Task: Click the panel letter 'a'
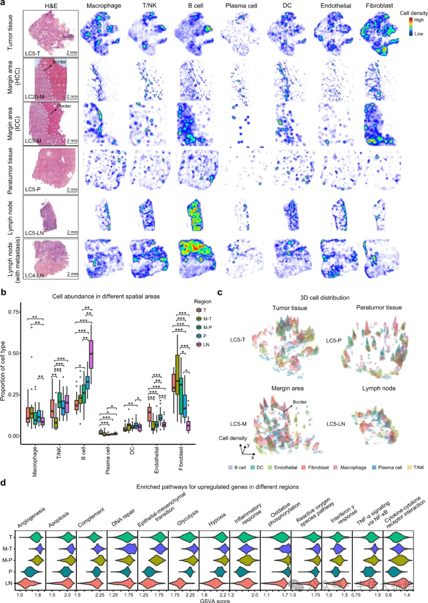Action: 3,4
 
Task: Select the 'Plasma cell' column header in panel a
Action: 241,6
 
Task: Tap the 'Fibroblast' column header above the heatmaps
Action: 379,6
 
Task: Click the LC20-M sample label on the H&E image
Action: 34,97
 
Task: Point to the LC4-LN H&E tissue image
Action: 51,258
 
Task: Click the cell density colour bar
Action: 411,27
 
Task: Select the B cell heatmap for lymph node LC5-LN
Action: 196,216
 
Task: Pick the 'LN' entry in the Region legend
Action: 206,344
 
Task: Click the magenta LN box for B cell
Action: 91,354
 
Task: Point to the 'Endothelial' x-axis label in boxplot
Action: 157,459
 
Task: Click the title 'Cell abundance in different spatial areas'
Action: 106,296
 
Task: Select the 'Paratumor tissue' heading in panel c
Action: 379,307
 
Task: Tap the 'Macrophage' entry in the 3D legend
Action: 353,468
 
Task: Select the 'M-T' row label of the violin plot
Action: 8,549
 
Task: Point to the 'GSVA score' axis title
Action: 215,601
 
